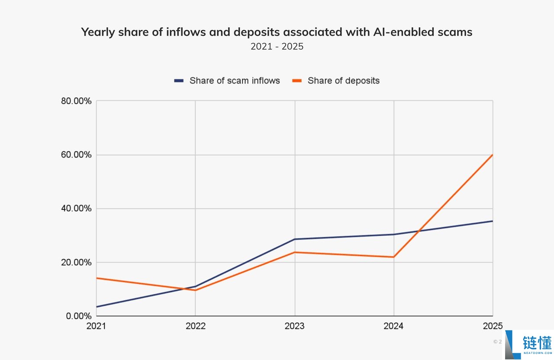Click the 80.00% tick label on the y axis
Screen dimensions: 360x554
click(x=76, y=101)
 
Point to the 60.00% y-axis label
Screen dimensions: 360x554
click(x=76, y=155)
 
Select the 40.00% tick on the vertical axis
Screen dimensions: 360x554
click(x=76, y=209)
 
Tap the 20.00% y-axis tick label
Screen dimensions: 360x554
click(x=76, y=262)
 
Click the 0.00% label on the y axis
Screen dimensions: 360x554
click(x=78, y=316)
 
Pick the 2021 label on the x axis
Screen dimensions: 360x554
click(x=96, y=326)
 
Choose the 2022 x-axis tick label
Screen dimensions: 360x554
click(x=196, y=326)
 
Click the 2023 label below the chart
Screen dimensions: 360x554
click(x=295, y=326)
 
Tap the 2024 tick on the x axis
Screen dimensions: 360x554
click(x=394, y=326)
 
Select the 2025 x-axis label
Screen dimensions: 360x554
click(x=493, y=326)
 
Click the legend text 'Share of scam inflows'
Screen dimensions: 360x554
click(x=235, y=80)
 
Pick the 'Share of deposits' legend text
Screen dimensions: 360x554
click(x=344, y=80)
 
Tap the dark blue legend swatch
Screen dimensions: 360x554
click(x=179, y=80)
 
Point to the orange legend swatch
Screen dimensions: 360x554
click(x=297, y=80)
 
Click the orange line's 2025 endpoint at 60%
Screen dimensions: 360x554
click(x=493, y=155)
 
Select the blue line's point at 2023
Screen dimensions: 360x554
click(x=295, y=239)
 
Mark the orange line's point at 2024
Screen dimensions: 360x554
click(x=394, y=257)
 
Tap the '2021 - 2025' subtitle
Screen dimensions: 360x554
click(x=277, y=47)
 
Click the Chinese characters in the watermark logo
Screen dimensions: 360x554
click(x=538, y=343)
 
